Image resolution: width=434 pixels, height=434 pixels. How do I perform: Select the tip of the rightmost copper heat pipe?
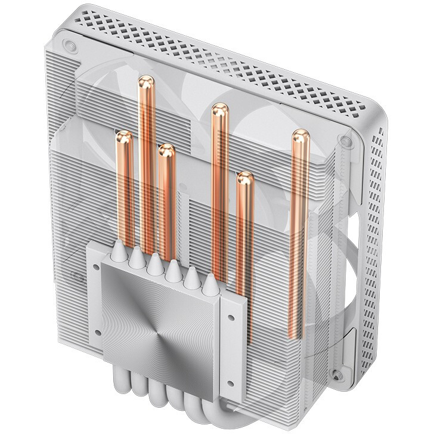point(299,137)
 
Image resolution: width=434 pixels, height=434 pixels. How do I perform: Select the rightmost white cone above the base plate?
point(209,286)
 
